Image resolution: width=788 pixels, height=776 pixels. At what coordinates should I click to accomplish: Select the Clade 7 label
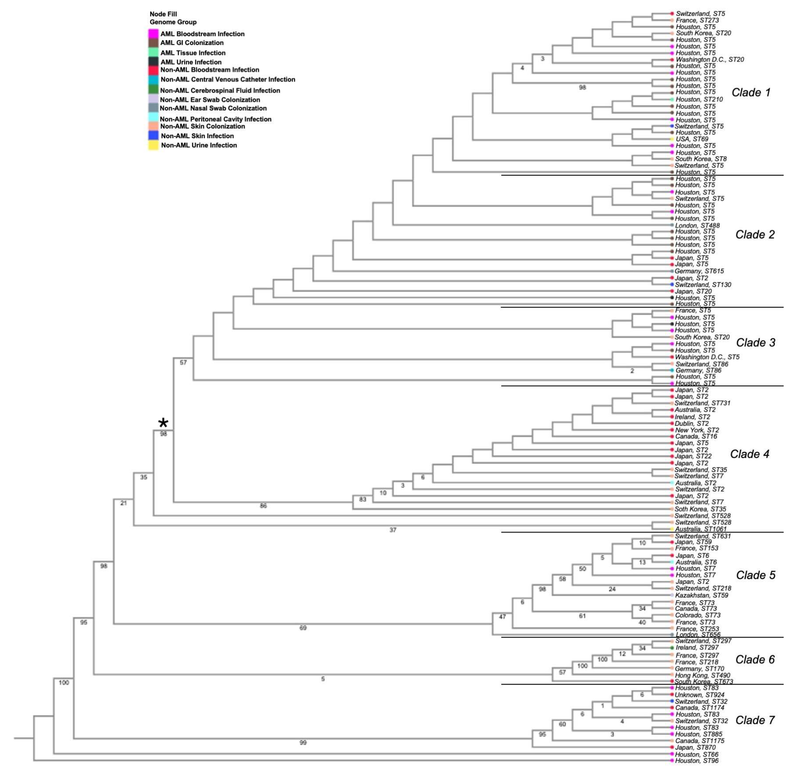tap(754, 720)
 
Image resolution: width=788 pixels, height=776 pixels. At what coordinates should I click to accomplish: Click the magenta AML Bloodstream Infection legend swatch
tap(153, 34)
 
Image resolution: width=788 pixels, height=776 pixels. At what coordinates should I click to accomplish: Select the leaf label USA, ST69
tap(692, 139)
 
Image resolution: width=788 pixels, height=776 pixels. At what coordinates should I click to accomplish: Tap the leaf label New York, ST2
tap(697, 430)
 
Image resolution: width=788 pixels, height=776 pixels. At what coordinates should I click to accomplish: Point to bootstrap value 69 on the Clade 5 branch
tap(303, 628)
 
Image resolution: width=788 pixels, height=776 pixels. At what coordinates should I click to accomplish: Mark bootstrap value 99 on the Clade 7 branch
tap(303, 743)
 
